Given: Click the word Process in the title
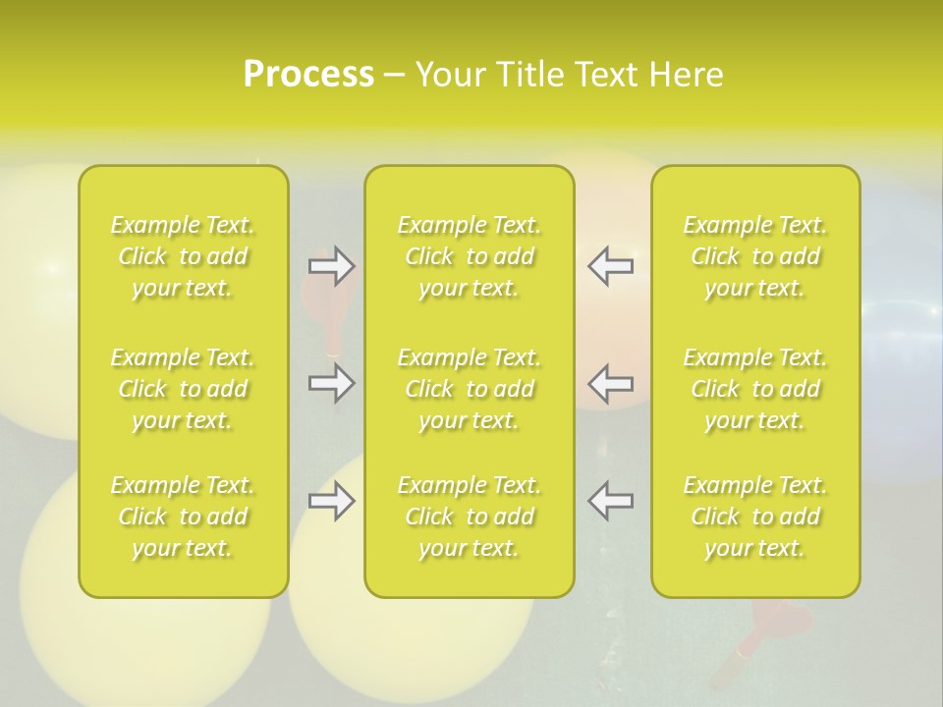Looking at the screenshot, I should click(x=308, y=75).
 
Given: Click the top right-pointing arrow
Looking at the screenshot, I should click(x=331, y=265).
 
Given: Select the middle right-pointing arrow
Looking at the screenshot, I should click(x=331, y=383).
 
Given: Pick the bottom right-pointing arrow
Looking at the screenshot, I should click(x=331, y=501).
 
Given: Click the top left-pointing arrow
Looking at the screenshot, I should click(x=610, y=265).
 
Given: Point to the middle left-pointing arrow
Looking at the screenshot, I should click(x=610, y=383).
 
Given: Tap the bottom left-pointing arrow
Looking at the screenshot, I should click(x=610, y=501).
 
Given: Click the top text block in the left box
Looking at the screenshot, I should click(x=183, y=256).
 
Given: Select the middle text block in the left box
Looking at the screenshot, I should click(x=183, y=389).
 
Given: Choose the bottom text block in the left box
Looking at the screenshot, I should click(x=183, y=517).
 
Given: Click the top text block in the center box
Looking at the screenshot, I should click(x=470, y=256).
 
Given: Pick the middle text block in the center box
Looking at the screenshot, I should click(x=470, y=389).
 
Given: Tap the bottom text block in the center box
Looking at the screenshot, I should click(x=470, y=517).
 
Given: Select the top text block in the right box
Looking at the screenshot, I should click(x=755, y=256).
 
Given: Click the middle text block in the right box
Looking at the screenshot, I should click(x=755, y=389).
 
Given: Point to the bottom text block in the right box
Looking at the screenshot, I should click(x=755, y=517).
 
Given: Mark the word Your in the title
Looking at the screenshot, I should click(x=448, y=75).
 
